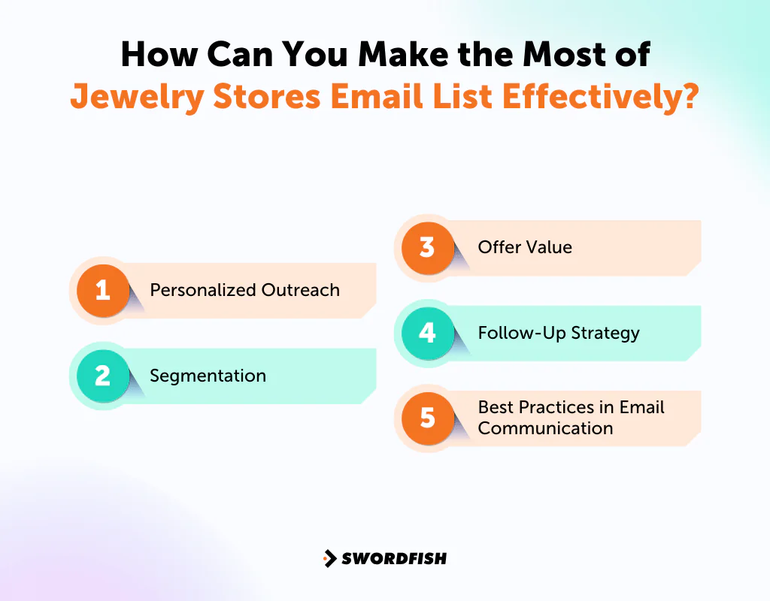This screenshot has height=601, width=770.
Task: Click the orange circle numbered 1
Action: click(103, 290)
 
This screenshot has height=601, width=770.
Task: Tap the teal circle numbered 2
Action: click(103, 375)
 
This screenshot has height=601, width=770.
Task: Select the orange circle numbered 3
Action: click(427, 247)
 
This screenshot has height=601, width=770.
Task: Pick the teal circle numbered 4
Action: click(427, 332)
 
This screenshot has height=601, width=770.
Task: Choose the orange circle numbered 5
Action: click(427, 417)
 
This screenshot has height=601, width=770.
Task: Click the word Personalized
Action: click(203, 290)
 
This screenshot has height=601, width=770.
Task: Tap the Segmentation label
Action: click(208, 376)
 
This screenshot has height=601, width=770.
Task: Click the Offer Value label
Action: click(525, 247)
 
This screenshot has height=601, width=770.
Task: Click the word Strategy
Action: click(605, 333)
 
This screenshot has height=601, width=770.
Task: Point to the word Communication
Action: click(545, 428)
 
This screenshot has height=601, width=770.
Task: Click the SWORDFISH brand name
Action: click(394, 558)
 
